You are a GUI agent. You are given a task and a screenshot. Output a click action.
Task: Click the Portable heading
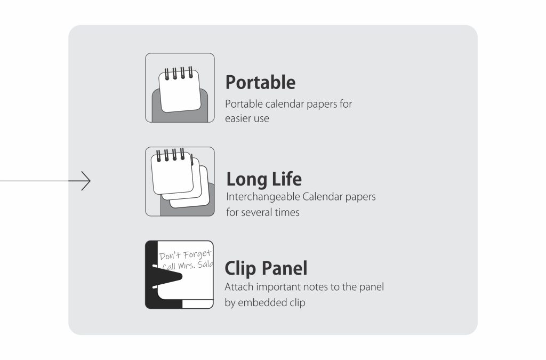tap(260, 83)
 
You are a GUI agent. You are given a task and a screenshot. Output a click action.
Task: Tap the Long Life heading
tap(264, 179)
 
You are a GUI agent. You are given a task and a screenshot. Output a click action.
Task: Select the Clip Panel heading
tap(266, 268)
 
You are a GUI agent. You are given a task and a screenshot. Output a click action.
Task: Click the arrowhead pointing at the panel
tap(86, 181)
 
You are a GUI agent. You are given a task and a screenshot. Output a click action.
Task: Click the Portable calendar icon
tap(180, 88)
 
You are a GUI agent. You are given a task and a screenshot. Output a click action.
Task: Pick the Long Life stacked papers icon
tap(180, 181)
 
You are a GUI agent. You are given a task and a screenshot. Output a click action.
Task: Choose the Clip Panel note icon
tap(179, 275)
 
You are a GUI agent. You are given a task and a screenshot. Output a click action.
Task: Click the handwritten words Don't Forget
tap(185, 255)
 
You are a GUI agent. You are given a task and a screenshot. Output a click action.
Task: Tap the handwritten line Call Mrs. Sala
tap(187, 266)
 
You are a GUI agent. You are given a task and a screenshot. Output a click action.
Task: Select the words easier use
tap(247, 118)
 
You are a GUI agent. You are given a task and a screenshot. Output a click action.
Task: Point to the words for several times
tap(262, 212)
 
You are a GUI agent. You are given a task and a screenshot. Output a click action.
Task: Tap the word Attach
tap(237, 287)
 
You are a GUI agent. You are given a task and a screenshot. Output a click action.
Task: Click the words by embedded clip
tap(264, 302)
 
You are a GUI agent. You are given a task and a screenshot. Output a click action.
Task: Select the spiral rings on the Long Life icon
tap(170, 155)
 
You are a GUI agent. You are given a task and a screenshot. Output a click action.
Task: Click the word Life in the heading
tap(286, 179)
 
